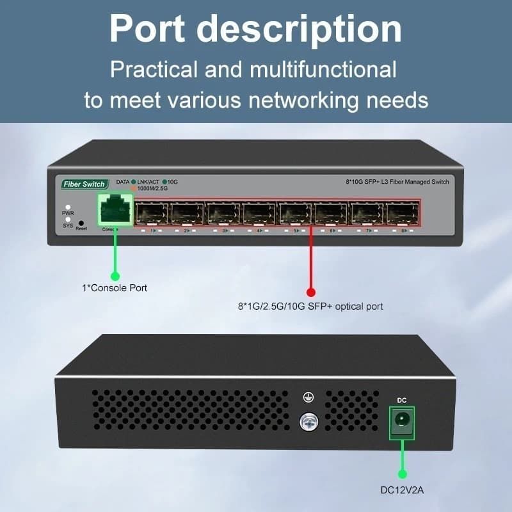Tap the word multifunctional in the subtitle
(321, 69)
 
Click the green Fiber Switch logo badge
(84, 184)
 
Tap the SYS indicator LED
(68, 220)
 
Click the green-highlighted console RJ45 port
(115, 210)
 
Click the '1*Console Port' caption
(115, 288)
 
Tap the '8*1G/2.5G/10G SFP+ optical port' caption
(310, 307)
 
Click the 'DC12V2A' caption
(403, 492)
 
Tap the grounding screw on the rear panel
(308, 420)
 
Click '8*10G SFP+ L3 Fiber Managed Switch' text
(394, 182)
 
